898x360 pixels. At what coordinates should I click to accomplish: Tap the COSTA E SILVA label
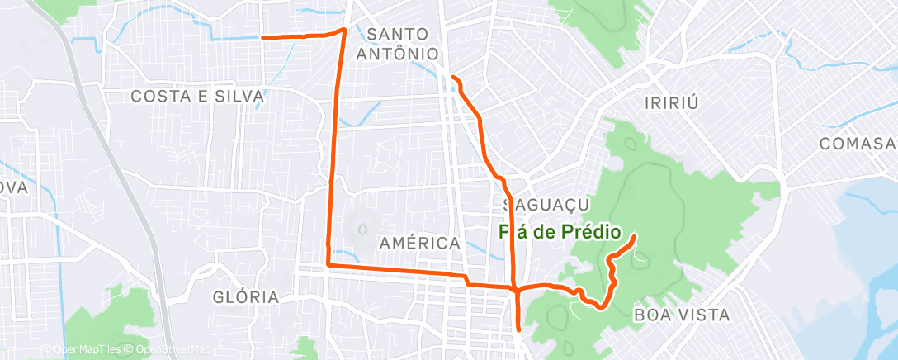tap(197, 97)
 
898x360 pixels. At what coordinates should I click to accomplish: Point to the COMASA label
tap(858, 144)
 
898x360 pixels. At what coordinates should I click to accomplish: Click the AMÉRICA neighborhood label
tap(419, 244)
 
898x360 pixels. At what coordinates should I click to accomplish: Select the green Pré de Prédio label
tap(560, 233)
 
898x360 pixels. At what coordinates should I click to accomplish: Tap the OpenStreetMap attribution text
tap(168, 349)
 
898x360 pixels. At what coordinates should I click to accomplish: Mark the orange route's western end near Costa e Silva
tap(262, 37)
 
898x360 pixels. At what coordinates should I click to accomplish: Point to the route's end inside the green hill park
tap(634, 237)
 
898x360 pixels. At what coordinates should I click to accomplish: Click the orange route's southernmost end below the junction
tap(518, 329)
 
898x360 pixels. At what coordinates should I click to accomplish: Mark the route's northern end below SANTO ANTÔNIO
tap(451, 77)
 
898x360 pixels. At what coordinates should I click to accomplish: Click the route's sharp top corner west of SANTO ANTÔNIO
tap(343, 30)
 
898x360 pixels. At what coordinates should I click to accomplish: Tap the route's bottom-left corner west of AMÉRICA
tap(328, 264)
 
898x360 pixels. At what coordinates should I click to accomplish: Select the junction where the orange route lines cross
tap(517, 289)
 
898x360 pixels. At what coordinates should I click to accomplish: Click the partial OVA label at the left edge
tap(14, 187)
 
